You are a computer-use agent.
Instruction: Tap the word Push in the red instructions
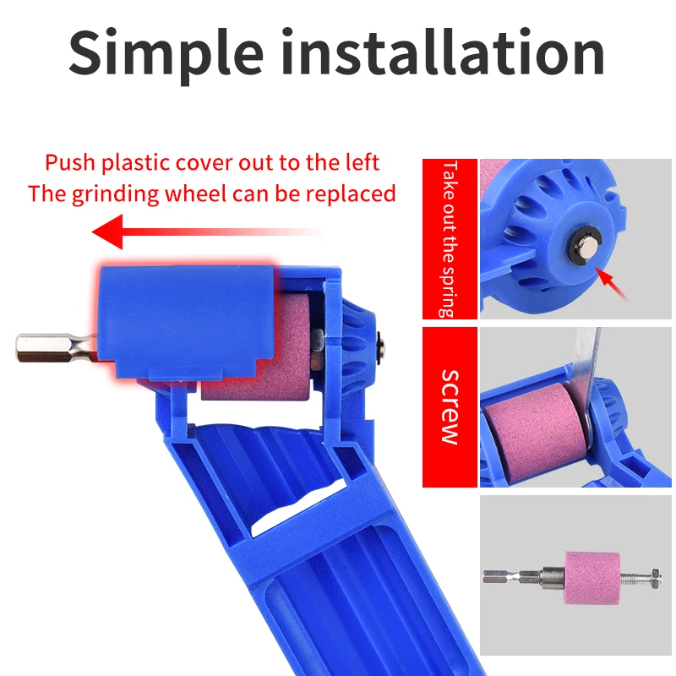(x=70, y=162)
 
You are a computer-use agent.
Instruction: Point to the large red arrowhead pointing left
(x=107, y=232)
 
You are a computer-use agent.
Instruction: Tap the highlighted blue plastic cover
(x=186, y=321)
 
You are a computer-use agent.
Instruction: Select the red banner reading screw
(x=450, y=407)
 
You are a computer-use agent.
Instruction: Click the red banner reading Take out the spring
(x=450, y=239)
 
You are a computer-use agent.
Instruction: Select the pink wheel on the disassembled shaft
(x=592, y=577)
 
